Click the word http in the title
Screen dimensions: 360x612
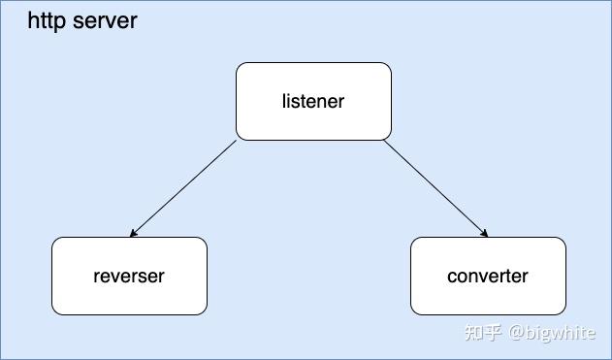46,19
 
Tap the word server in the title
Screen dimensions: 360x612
104,19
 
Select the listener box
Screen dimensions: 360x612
313,101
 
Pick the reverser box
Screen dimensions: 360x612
129,276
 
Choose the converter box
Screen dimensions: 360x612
488,276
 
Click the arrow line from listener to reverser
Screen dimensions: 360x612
184,188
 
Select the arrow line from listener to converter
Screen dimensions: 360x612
435,188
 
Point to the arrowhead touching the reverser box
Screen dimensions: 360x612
133,234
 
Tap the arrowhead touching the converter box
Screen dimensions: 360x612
484,234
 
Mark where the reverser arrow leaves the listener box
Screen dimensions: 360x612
237,142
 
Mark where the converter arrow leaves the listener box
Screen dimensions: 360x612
384,142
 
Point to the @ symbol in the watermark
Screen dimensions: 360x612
518,333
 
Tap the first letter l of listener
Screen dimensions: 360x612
284,101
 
